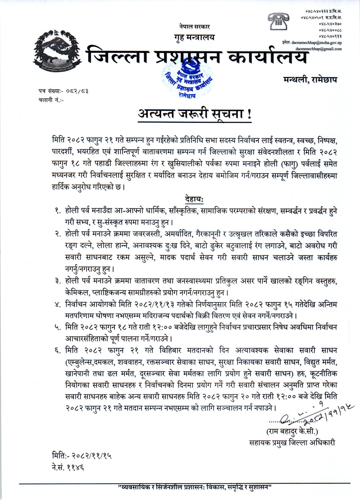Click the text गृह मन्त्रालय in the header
(194, 37)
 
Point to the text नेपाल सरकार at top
(194, 27)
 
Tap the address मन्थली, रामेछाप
(312, 79)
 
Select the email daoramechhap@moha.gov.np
(316, 43)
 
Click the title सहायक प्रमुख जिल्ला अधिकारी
(292, 443)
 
